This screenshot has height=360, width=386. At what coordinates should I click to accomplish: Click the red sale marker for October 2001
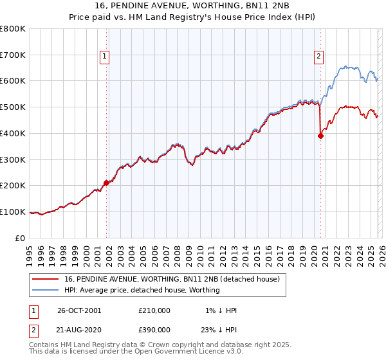[107, 183]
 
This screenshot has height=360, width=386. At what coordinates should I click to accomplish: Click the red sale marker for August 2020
[320, 136]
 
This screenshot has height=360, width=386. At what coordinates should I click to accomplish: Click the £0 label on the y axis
[21, 238]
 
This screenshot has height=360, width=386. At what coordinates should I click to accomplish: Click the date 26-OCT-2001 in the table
[79, 310]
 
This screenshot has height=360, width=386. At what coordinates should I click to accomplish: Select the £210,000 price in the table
[154, 310]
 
